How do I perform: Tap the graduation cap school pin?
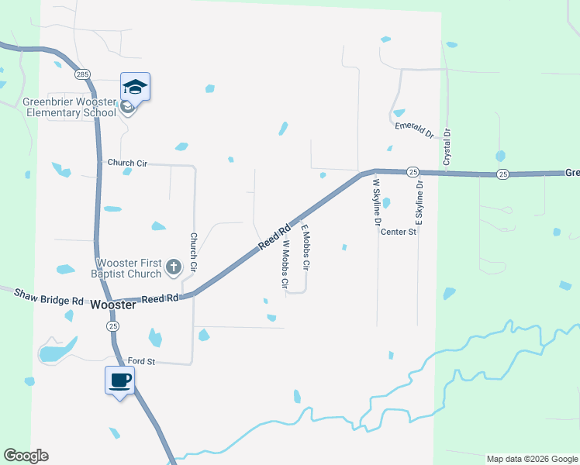(135, 87)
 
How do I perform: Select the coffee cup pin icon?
(120, 381)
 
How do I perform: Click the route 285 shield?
(82, 74)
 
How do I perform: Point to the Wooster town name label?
(113, 305)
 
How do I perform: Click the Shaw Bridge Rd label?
(48, 295)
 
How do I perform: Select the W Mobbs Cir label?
(285, 265)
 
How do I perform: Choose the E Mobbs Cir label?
(306, 248)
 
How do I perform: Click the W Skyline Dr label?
(377, 201)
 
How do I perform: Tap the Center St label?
(399, 231)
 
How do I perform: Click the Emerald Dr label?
(413, 129)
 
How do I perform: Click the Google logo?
(26, 456)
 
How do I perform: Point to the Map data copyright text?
(532, 459)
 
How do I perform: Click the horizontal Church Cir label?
(127, 163)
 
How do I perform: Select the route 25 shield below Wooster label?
(113, 327)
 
